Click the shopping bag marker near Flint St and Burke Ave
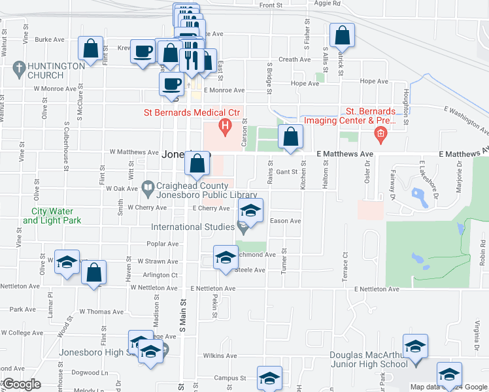coord(91,48)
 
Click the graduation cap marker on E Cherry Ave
coord(249,210)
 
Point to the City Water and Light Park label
coord(52,216)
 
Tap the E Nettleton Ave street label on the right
coord(377,289)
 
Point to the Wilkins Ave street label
coord(219,356)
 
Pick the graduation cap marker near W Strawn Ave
coord(66,262)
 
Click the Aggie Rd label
coord(328,3)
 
